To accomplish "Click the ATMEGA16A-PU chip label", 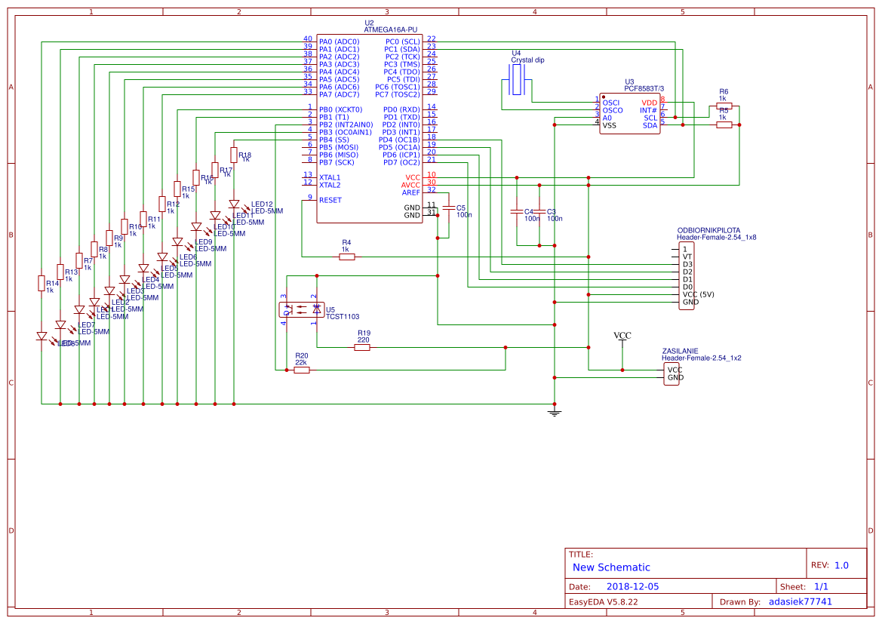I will (390, 29).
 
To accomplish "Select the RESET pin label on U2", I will (330, 200).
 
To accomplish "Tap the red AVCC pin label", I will (410, 185).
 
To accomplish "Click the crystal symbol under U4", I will (517, 79).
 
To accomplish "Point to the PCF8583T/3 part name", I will (644, 88).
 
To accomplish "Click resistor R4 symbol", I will (346, 257).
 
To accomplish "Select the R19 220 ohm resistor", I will (362, 347).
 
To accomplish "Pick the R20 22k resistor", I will (300, 370).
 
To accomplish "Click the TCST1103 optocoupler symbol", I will (301, 309).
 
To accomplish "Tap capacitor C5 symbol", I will (448, 207).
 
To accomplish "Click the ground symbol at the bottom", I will (555, 412).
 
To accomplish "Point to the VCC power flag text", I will (622, 336).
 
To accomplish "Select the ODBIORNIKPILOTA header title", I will (708, 229).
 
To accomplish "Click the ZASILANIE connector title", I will (680, 352).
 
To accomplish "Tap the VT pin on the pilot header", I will (687, 257).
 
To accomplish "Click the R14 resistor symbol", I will (41, 283).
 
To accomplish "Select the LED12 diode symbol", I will (234, 204).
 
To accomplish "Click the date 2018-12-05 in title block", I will (632, 586).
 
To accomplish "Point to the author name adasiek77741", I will (800, 601).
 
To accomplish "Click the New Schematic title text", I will (611, 567).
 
